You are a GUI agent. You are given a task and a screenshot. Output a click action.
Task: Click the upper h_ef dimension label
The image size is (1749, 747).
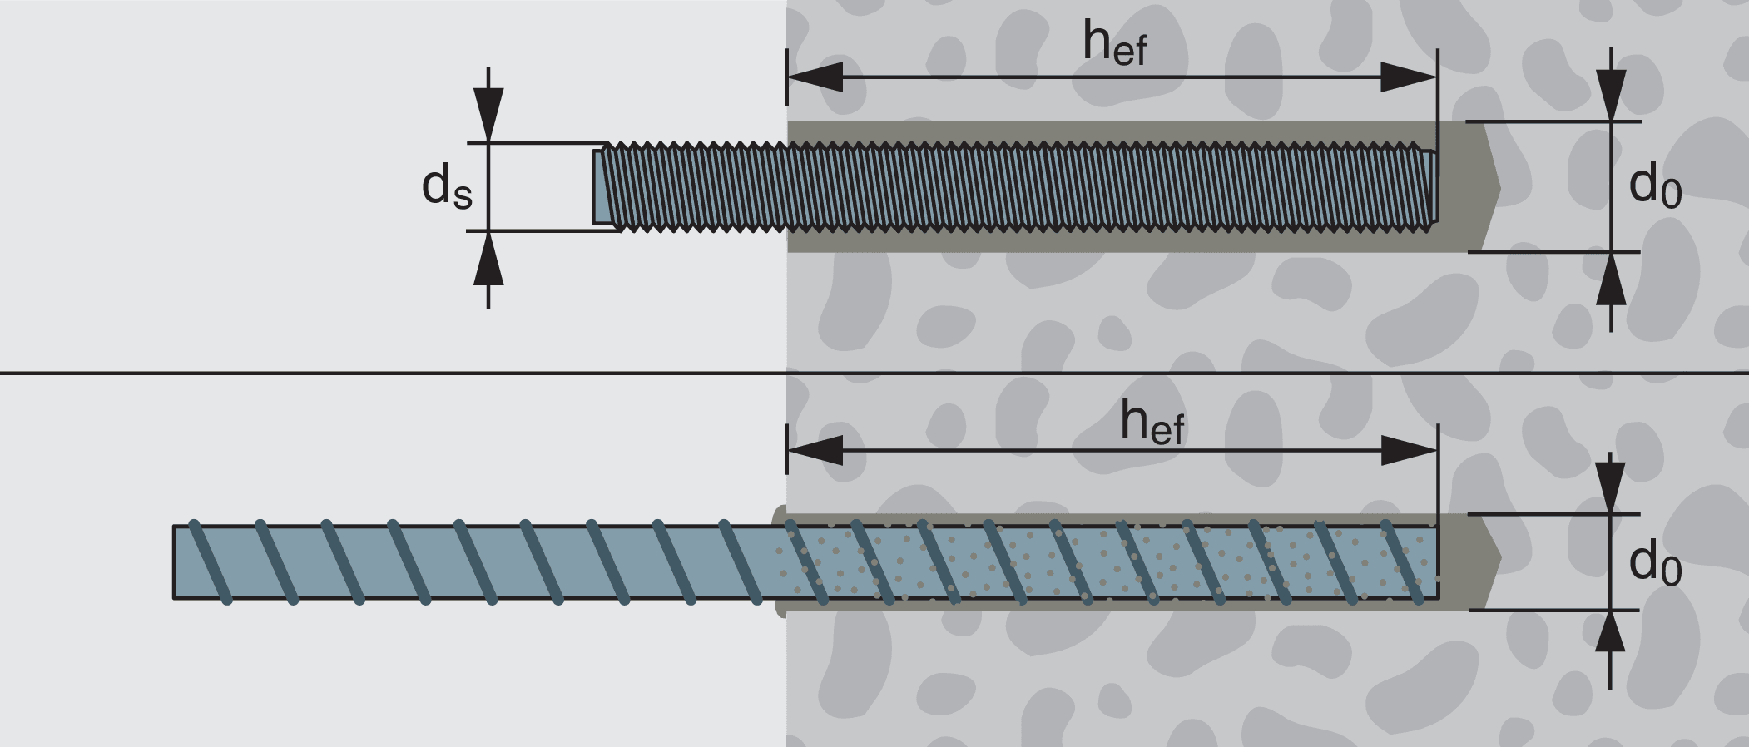1114,43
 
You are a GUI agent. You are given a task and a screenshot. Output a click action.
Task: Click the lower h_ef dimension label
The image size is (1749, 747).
1152,423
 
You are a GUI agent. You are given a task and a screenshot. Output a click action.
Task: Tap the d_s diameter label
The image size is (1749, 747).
447,186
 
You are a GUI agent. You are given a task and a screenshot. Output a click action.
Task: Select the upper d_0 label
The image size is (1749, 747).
1654,186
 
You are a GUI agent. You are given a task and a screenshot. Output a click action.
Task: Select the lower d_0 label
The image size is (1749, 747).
1654,563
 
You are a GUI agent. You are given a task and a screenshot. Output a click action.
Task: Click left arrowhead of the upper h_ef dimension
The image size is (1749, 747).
815,77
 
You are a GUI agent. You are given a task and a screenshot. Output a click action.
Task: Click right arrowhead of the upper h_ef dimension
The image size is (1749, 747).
1408,77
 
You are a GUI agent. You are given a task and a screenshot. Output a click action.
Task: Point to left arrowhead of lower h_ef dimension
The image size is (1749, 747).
815,450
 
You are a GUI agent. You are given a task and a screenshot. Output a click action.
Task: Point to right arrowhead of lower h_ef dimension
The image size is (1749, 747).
1408,450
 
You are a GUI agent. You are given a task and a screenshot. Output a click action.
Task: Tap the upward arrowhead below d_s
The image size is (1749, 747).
488,259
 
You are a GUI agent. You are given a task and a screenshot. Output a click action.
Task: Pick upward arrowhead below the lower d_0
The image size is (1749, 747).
1611,636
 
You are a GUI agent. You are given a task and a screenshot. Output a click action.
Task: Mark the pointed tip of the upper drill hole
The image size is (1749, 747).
1498,187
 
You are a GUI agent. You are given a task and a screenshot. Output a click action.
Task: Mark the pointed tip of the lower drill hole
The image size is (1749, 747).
1499,562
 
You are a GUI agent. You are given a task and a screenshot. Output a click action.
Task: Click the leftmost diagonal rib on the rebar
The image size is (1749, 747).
210,562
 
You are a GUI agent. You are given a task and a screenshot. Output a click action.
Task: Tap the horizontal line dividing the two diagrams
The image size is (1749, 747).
391,373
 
